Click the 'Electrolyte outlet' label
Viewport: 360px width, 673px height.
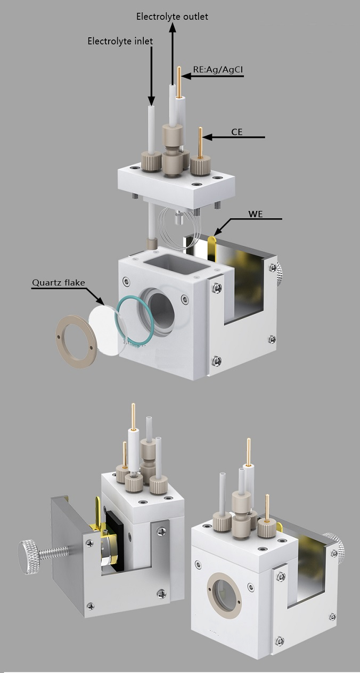tap(172, 17)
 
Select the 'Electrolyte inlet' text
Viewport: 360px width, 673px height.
tap(120, 41)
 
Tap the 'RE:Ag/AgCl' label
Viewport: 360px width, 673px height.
tap(218, 70)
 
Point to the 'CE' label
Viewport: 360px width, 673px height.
tap(236, 132)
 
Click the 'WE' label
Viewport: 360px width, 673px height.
tap(256, 214)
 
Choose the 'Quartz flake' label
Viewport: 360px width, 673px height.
tap(59, 283)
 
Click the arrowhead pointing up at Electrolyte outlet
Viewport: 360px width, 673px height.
tap(173, 28)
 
